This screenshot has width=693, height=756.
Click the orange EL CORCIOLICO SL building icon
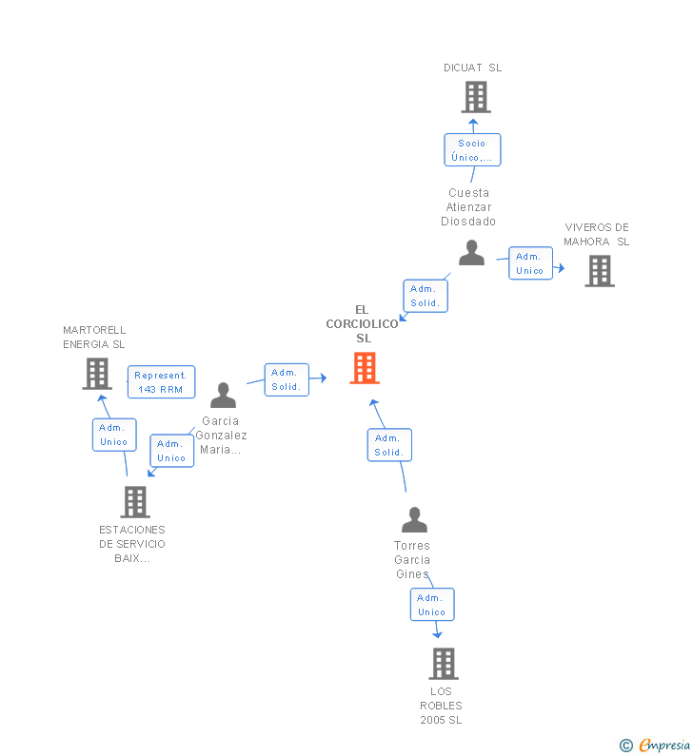(365, 368)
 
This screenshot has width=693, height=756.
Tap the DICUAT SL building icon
(475, 96)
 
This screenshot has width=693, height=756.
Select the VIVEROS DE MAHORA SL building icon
(599, 271)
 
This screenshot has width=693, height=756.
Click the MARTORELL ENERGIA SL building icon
(97, 374)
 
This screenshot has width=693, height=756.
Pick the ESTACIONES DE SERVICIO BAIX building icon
(135, 501)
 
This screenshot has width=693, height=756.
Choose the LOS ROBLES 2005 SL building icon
(443, 663)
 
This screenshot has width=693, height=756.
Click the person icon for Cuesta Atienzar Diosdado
(471, 253)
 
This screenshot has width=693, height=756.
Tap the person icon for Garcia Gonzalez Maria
(223, 395)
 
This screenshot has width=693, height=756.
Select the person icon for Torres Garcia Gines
(414, 519)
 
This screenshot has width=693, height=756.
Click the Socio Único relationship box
(472, 150)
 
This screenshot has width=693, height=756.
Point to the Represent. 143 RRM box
(160, 382)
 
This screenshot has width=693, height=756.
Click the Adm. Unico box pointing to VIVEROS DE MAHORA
(530, 263)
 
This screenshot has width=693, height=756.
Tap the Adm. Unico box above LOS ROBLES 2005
(431, 605)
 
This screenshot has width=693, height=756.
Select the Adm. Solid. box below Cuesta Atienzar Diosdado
(425, 296)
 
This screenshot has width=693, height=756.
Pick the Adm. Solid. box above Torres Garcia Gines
(388, 445)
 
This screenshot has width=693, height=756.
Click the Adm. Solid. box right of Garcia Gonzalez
(286, 379)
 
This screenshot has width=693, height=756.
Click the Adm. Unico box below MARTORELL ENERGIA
(114, 435)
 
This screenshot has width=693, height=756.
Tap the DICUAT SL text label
(472, 68)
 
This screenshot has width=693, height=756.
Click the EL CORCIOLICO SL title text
(362, 323)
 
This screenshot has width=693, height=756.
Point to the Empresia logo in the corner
(656, 745)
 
